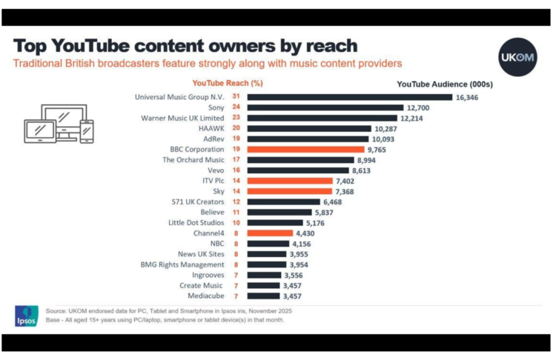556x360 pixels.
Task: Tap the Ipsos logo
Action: click(x=25, y=316)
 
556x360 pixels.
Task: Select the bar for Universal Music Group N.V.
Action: click(x=349, y=97)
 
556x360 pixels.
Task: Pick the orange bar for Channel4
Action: click(x=272, y=233)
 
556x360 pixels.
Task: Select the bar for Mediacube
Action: click(x=263, y=296)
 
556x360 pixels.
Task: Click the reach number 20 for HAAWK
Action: click(x=236, y=128)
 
